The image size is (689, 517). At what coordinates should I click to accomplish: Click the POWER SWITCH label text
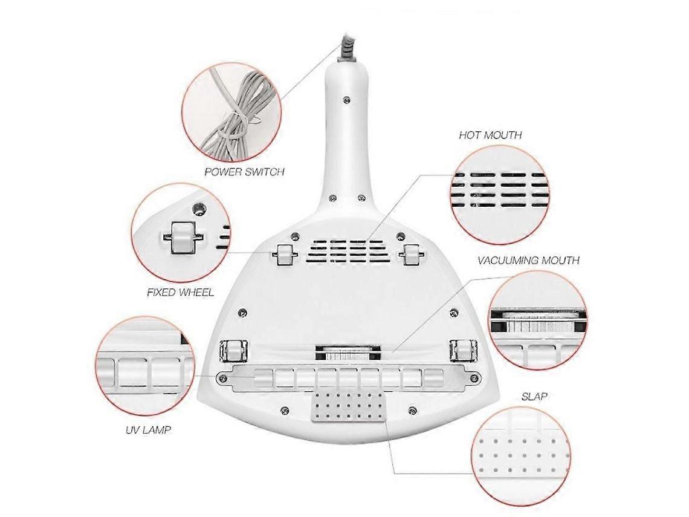click(x=244, y=172)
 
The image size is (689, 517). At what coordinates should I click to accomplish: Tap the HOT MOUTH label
click(x=490, y=135)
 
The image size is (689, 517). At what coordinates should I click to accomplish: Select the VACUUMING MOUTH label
click(x=528, y=261)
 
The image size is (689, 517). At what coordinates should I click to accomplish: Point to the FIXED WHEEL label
click(x=180, y=292)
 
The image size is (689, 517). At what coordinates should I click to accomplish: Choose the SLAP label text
click(x=534, y=397)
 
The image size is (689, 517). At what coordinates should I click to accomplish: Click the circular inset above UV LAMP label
click(x=145, y=366)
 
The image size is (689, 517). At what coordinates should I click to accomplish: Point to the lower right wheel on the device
click(x=460, y=351)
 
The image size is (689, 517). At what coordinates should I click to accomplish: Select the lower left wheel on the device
click(x=230, y=351)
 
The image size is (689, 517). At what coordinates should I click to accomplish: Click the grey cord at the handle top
click(x=348, y=47)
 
